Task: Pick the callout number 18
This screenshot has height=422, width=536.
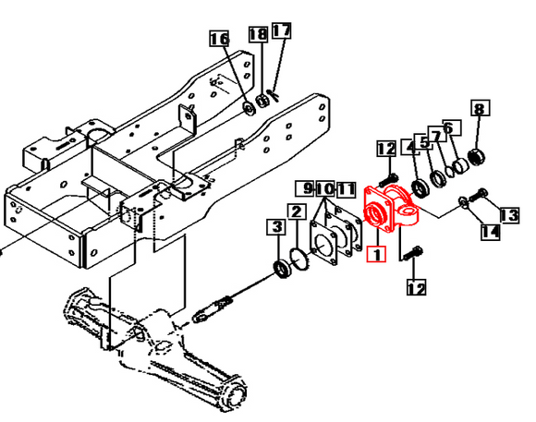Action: point(258,34)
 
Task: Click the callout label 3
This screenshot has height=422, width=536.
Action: point(275,226)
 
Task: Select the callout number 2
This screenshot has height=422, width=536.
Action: point(296,213)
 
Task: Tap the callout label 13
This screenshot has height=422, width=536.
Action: point(509,215)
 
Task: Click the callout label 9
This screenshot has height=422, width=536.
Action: point(304,189)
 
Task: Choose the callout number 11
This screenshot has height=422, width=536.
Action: point(345,189)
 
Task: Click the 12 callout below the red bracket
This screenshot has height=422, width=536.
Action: point(416,288)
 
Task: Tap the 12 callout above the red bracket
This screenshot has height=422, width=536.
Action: point(385,149)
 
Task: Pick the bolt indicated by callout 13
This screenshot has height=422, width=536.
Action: point(479,195)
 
